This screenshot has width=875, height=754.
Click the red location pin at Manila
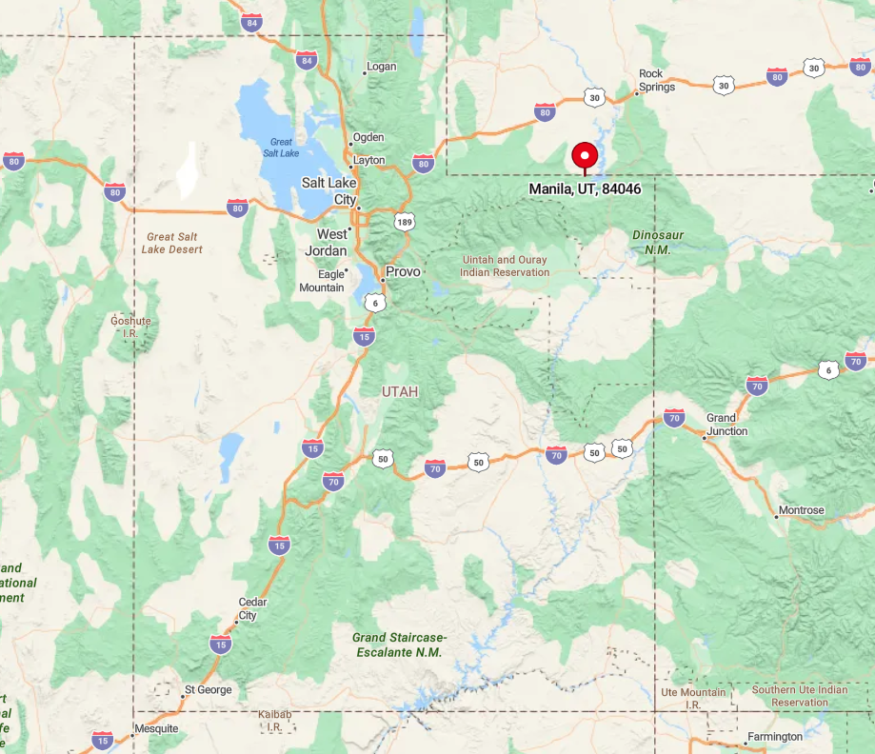coord(584,156)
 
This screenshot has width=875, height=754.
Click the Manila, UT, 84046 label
coord(585,189)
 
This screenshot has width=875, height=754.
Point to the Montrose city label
coord(801,510)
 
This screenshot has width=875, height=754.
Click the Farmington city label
coord(774,736)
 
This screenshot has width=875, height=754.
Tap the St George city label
coord(208,689)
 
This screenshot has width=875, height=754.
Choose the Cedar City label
coord(252,608)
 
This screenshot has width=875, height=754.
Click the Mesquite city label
coord(155,728)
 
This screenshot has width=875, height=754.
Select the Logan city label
coord(381,67)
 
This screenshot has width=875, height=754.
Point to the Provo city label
coord(403,271)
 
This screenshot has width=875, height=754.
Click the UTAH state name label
coord(400,391)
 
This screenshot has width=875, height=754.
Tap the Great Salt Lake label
coord(281,148)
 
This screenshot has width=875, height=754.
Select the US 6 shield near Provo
coord(375,303)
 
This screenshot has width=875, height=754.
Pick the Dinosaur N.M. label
coord(658,242)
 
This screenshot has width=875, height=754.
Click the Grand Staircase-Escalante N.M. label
coord(399,645)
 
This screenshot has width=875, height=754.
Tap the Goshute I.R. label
coord(130,327)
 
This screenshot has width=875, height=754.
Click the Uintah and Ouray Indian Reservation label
coord(505,266)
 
